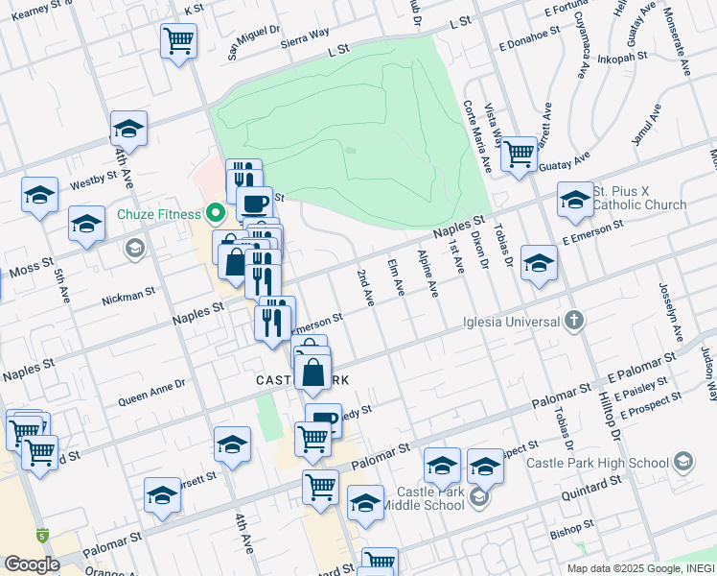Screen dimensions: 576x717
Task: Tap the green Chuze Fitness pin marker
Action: [217, 213]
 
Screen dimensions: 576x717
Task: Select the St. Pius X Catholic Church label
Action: [639, 198]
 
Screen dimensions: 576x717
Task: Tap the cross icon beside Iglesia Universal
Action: [573, 320]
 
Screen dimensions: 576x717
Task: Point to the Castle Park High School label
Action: [597, 463]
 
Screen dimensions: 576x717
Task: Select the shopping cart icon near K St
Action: [178, 41]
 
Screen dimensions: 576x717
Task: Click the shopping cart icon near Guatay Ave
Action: [519, 153]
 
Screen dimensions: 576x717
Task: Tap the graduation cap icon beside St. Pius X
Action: [575, 200]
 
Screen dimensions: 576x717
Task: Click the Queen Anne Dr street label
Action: [151, 389]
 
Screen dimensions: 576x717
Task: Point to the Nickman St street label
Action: [127, 295]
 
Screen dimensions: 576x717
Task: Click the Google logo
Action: [32, 564]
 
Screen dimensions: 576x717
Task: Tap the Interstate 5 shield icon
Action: [42, 535]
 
